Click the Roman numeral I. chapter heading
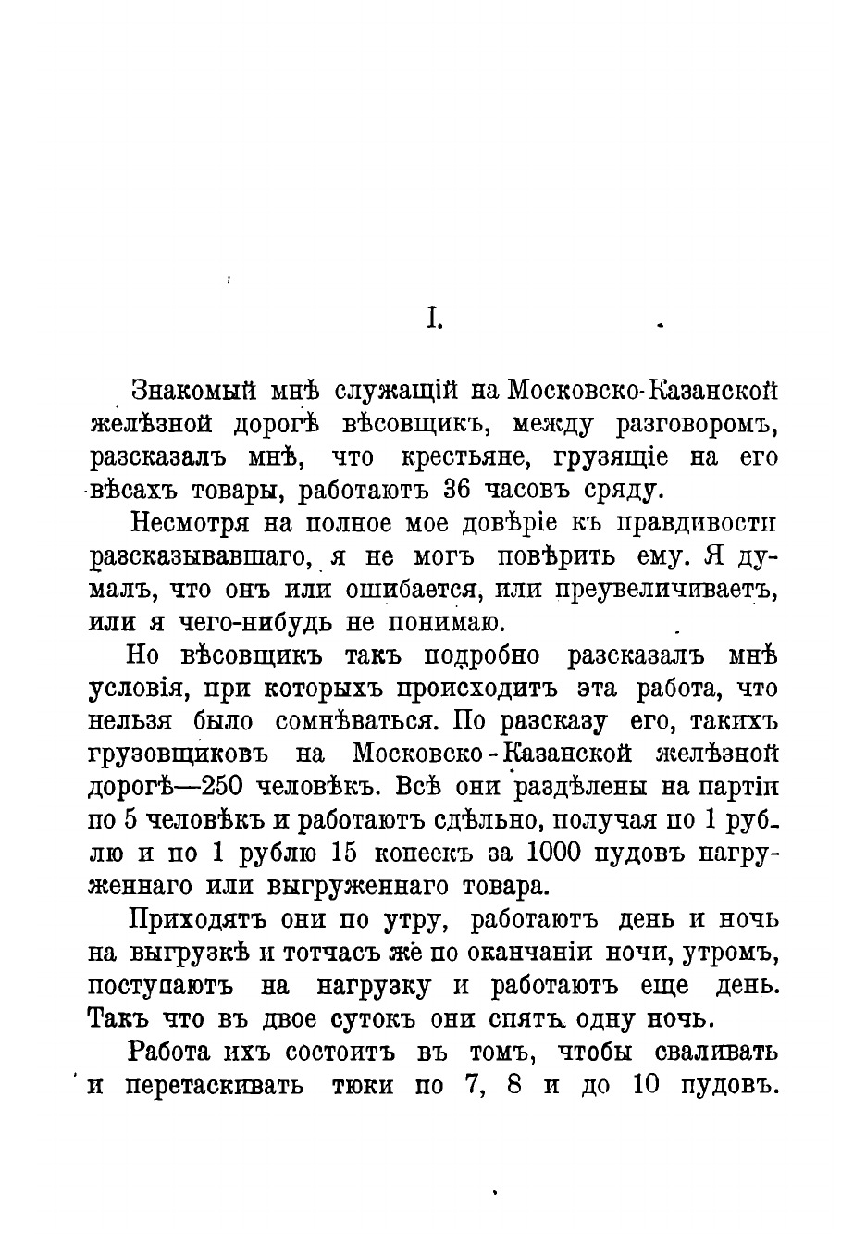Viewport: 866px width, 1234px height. [x=434, y=319]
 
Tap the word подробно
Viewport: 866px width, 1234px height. [x=481, y=654]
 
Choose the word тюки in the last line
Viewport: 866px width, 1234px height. [x=364, y=1085]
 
